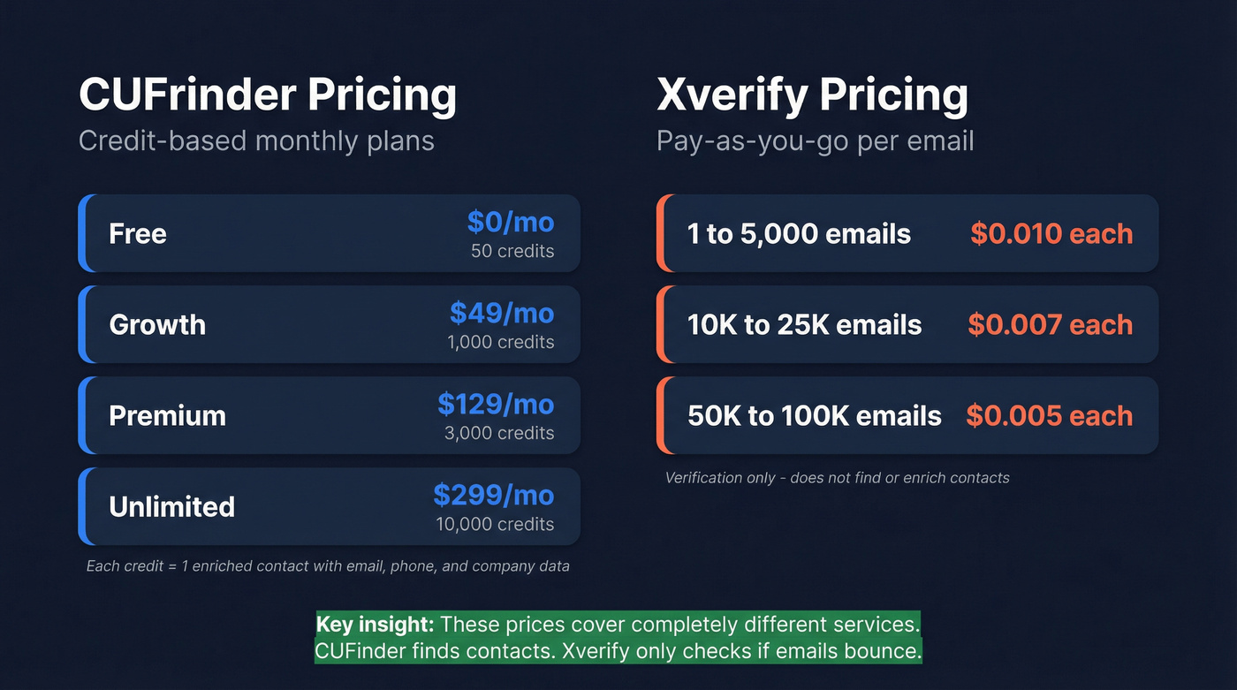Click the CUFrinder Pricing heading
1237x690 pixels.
click(x=268, y=95)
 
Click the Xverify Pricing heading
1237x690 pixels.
click(x=812, y=95)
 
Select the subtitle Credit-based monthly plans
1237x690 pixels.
click(x=256, y=141)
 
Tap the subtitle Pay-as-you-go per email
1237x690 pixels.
click(x=815, y=141)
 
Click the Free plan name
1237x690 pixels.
click(x=138, y=234)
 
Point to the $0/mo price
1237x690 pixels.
click(x=511, y=222)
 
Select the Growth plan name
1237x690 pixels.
click(x=157, y=325)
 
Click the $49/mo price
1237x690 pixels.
click(x=502, y=313)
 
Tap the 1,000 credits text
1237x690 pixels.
click(x=501, y=342)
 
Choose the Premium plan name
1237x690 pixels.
click(x=167, y=416)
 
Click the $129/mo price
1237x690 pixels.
click(x=496, y=404)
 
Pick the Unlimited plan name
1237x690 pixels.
click(x=171, y=507)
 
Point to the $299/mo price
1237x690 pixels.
click(x=494, y=495)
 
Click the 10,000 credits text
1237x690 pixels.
click(x=495, y=524)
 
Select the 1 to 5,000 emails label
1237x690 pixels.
click(x=799, y=234)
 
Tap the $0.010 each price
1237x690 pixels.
click(x=1051, y=234)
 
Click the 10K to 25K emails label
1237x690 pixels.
click(x=804, y=325)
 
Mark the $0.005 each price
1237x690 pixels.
click(x=1049, y=416)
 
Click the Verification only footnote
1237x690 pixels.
click(x=837, y=478)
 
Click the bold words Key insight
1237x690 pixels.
click(x=375, y=625)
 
